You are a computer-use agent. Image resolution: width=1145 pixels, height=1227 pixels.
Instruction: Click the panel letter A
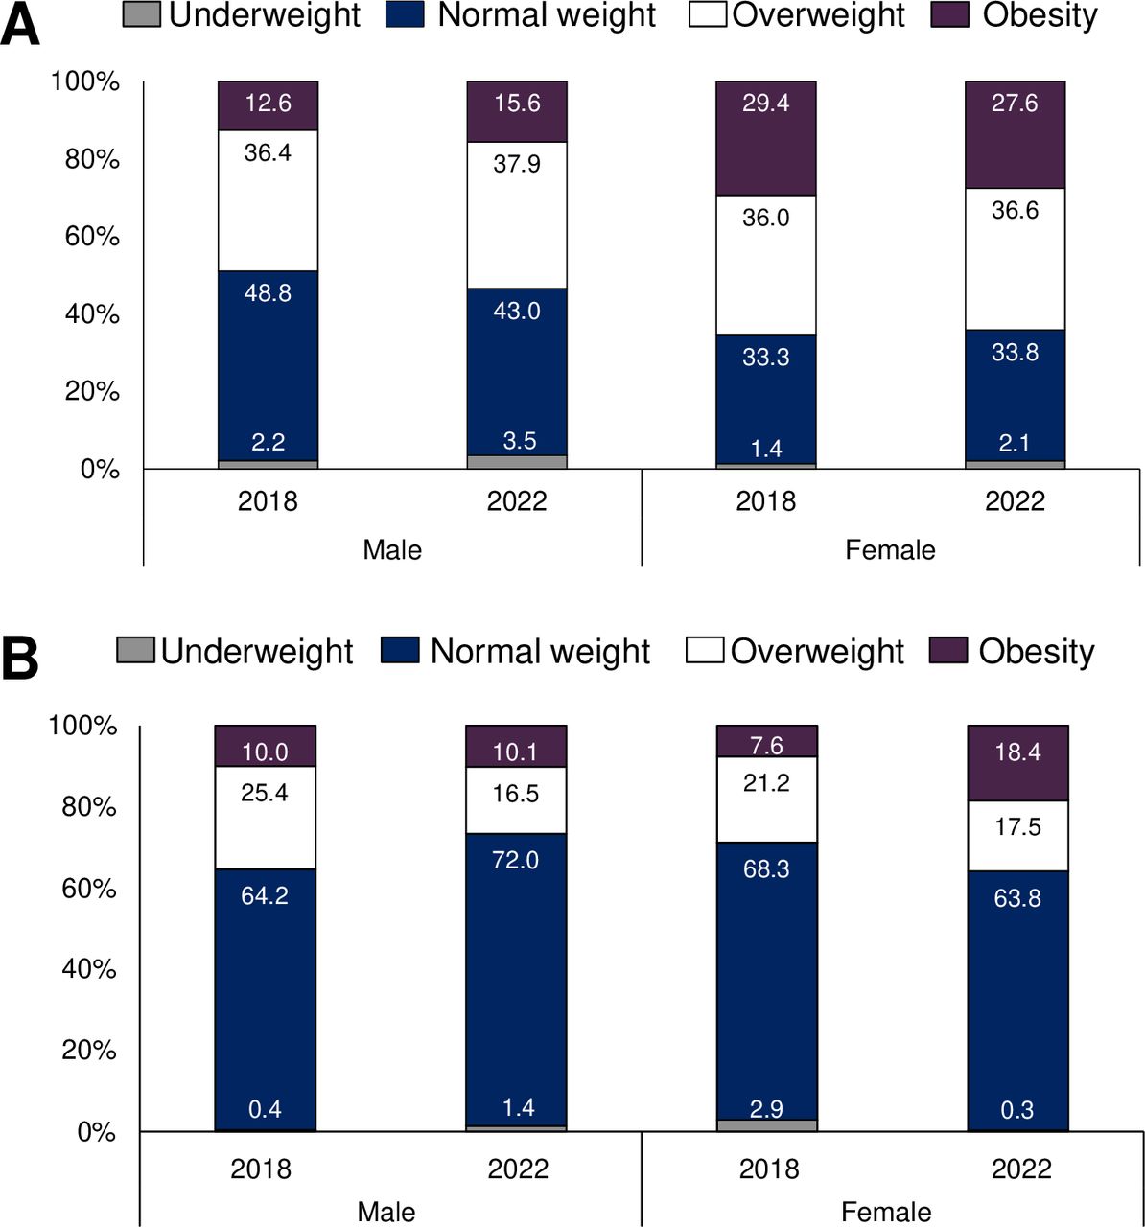click(21, 25)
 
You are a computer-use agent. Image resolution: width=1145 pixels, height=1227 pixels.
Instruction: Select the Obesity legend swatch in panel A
click(949, 15)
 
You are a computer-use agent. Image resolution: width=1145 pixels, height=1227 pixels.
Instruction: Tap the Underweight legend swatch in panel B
click(135, 651)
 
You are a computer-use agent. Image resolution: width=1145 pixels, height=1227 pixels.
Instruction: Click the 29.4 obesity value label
click(765, 104)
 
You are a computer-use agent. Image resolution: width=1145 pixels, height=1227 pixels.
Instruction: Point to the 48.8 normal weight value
click(268, 293)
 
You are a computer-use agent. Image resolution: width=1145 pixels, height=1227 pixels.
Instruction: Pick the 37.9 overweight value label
click(517, 164)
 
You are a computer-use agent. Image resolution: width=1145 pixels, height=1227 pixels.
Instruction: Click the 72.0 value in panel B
click(515, 861)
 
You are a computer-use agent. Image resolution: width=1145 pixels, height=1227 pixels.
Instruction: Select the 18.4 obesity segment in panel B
click(1017, 763)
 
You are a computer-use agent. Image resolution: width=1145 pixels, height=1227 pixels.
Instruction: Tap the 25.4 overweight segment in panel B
click(265, 817)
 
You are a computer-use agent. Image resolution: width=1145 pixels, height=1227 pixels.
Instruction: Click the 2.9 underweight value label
click(766, 1109)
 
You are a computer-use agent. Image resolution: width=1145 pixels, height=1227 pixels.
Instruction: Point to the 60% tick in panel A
click(92, 236)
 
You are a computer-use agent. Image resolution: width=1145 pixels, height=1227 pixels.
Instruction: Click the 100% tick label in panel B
click(82, 727)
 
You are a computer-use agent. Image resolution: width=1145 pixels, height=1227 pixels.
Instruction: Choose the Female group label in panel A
click(890, 549)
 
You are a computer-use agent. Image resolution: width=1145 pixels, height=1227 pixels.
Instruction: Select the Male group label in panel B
click(386, 1212)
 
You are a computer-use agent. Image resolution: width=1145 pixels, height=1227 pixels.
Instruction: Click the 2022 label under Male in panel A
click(517, 500)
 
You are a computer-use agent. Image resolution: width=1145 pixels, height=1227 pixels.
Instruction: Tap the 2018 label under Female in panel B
click(769, 1169)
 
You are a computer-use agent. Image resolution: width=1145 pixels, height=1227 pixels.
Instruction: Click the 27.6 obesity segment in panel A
click(1015, 135)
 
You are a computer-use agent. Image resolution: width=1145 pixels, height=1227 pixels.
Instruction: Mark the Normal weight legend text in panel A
click(547, 15)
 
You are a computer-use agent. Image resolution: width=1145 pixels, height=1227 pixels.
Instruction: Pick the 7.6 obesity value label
click(766, 746)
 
